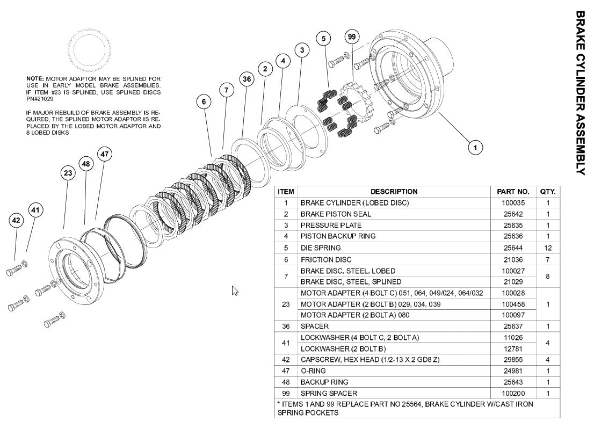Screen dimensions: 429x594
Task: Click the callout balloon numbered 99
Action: pos(352,37)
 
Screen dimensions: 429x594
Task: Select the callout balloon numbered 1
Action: pos(475,147)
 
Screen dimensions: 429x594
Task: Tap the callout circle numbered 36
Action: pos(247,79)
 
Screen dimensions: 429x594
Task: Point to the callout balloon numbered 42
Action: pos(16,220)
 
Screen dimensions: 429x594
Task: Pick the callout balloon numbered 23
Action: pos(68,173)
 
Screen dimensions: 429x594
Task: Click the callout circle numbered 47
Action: pos(104,154)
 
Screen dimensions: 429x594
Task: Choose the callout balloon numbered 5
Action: pos(323,38)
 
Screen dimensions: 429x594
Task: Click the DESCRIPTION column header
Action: pos(394,192)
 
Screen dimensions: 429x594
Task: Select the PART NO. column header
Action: pos(513,192)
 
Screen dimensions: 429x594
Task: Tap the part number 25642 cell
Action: pos(513,214)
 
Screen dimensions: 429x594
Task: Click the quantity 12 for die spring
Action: pos(548,248)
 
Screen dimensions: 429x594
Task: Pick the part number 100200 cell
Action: pos(513,394)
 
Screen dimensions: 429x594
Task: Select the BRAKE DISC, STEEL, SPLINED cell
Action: pos(351,282)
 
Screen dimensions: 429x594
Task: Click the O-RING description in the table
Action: pos(313,371)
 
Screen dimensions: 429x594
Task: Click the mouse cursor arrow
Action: pos(235,290)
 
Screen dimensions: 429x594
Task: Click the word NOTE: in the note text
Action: pos(35,79)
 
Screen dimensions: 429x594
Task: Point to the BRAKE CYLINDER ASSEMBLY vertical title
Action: pos(581,92)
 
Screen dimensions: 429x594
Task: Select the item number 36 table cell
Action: pos(286,326)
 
